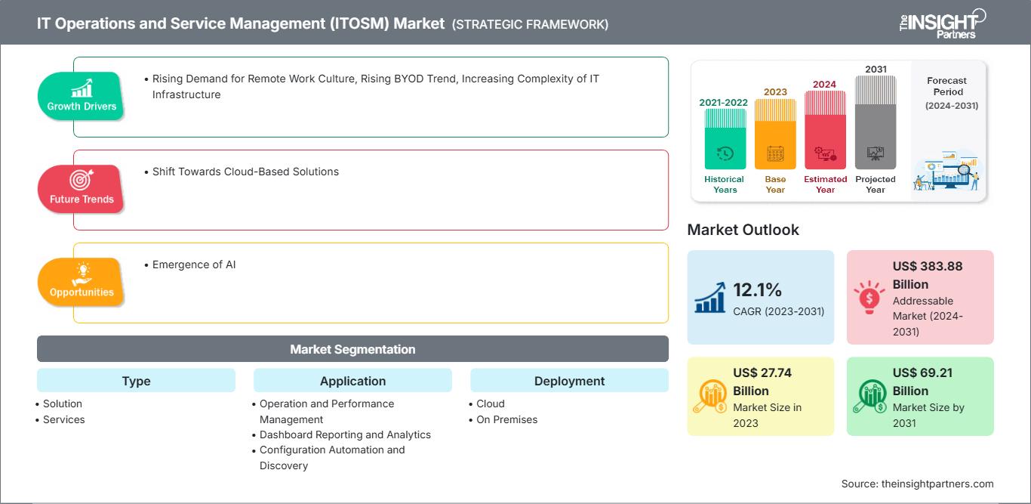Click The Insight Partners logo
943,24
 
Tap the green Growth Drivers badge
81,96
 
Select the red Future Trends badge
81,189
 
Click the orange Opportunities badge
81,282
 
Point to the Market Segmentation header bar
352,349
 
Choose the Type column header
137,381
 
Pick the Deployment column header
569,381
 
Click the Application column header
352,381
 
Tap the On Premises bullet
503,419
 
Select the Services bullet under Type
60,419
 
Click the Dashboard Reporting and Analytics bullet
341,434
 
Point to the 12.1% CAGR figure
757,289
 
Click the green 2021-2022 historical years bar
725,139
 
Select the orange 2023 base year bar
775,134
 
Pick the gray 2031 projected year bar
876,122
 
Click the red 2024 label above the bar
824,85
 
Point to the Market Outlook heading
743,230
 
